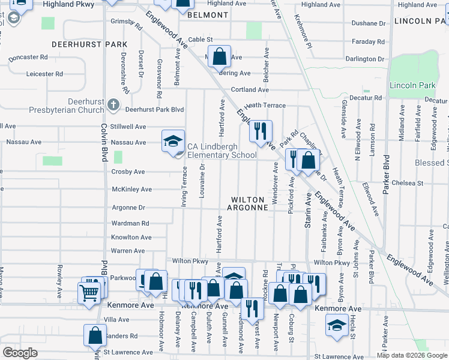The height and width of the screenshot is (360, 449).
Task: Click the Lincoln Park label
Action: [x=412, y=86]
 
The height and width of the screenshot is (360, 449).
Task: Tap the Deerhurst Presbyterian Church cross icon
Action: [x=112, y=106]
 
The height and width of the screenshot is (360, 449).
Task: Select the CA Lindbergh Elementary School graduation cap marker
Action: [x=172, y=142]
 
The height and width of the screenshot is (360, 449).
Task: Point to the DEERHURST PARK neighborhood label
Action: [x=89, y=44]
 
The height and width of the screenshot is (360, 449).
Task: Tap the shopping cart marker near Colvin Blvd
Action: [x=88, y=292]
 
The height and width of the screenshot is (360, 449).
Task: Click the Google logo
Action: [x=20, y=353]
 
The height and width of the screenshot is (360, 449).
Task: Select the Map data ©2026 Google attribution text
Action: [x=412, y=355]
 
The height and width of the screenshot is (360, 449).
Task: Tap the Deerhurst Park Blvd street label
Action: [x=154, y=109]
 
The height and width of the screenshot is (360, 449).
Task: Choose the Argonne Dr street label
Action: [x=128, y=208]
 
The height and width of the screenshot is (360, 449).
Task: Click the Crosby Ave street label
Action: [x=128, y=172]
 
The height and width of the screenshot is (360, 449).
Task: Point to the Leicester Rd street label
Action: [x=44, y=74]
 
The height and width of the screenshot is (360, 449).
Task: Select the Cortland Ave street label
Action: [x=250, y=90]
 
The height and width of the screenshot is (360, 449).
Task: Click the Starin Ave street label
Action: [x=308, y=209]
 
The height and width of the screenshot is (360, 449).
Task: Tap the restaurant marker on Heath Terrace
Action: [x=261, y=131]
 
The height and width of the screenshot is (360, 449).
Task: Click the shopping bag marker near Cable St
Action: [x=220, y=56]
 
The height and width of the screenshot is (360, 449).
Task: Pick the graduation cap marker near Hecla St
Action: [x=337, y=325]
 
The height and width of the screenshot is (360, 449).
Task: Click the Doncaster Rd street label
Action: [x=28, y=58]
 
